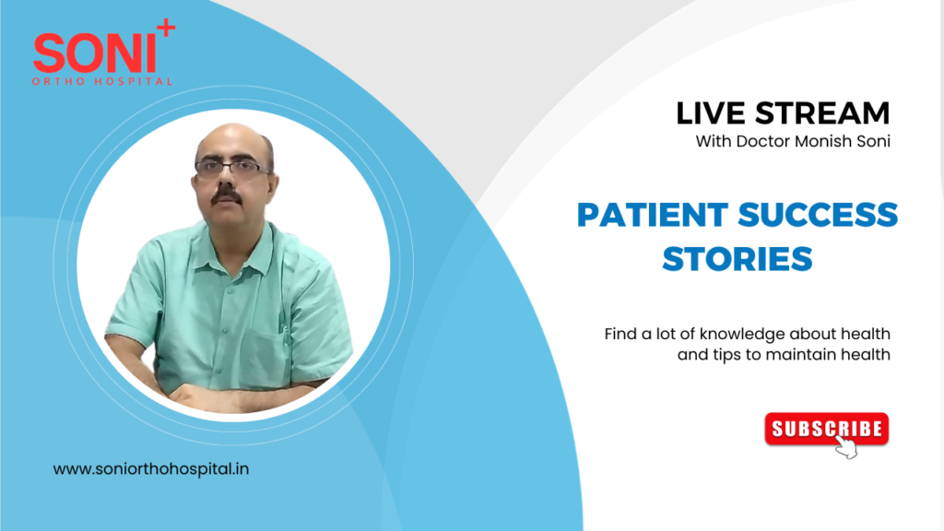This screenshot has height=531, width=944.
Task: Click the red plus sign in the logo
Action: tap(165, 29)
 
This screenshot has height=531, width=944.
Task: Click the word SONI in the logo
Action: tap(94, 55)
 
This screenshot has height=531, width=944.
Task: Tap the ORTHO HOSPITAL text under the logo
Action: tap(102, 81)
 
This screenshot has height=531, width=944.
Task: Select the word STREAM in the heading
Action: tap(820, 113)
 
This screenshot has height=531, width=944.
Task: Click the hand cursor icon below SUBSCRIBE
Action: tap(845, 447)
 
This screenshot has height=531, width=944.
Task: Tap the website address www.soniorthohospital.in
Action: tap(151, 468)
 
